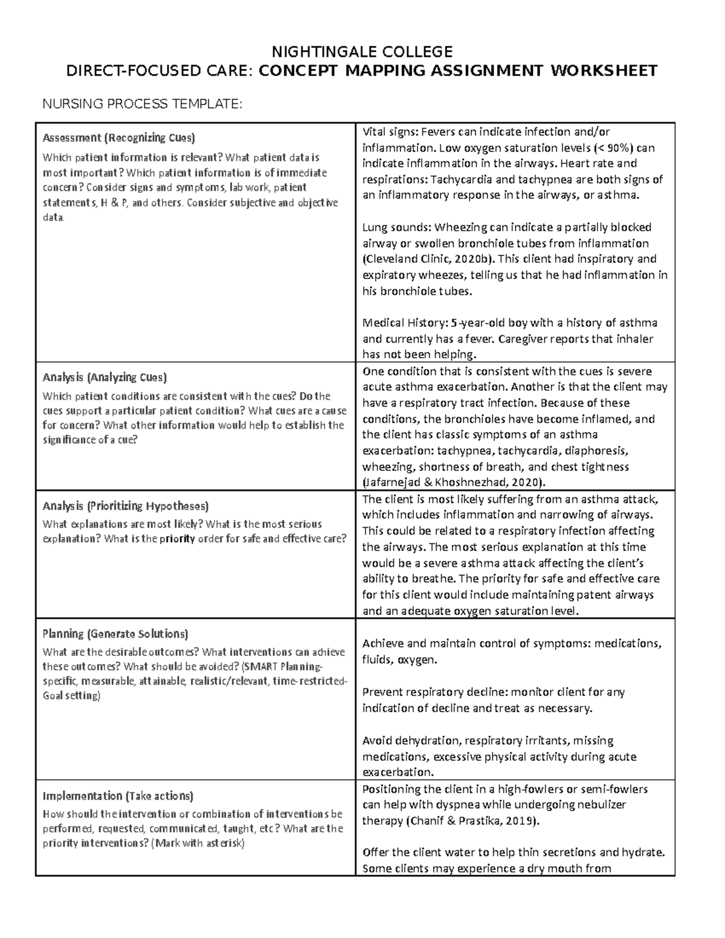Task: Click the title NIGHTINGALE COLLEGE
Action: pos(362,51)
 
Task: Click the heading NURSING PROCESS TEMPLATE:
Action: pos(141,104)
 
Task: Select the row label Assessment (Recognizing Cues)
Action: pos(118,138)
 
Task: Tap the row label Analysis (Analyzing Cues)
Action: pos(105,377)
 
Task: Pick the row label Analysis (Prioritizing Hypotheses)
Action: pos(126,506)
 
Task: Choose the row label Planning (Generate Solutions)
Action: pos(115,634)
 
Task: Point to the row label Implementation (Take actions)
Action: pos(118,795)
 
